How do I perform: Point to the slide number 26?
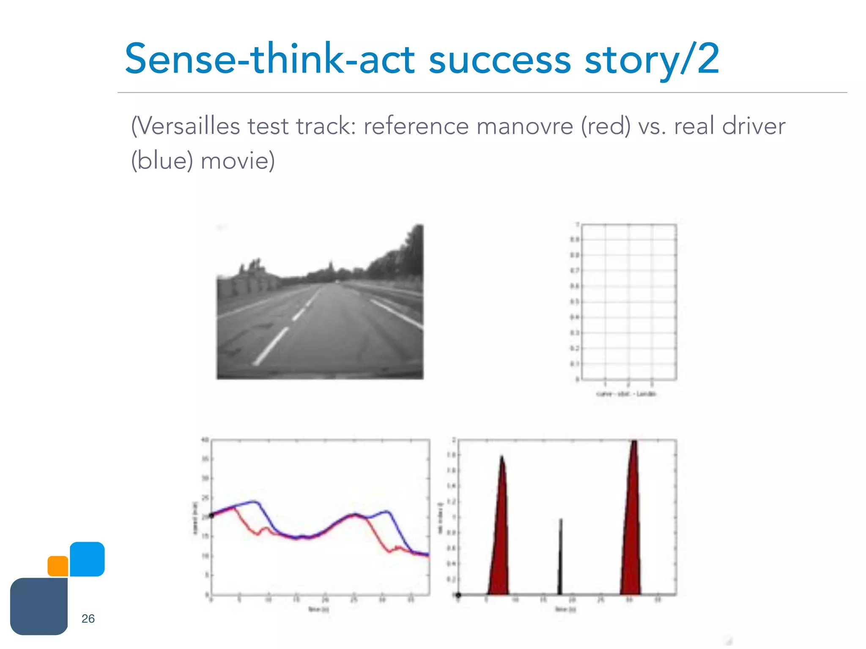coord(88,619)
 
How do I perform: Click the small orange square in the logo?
coord(58,566)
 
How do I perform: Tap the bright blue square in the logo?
coord(87,559)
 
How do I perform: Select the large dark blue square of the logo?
coord(39,606)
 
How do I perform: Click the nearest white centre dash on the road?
coord(271,346)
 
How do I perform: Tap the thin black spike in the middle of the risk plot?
coord(560,558)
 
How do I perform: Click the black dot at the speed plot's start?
coord(212,515)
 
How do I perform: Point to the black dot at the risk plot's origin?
coord(458,595)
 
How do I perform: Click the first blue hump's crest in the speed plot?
coord(254,502)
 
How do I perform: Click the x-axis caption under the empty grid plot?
coord(626,394)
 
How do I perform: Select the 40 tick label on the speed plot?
coord(205,440)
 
